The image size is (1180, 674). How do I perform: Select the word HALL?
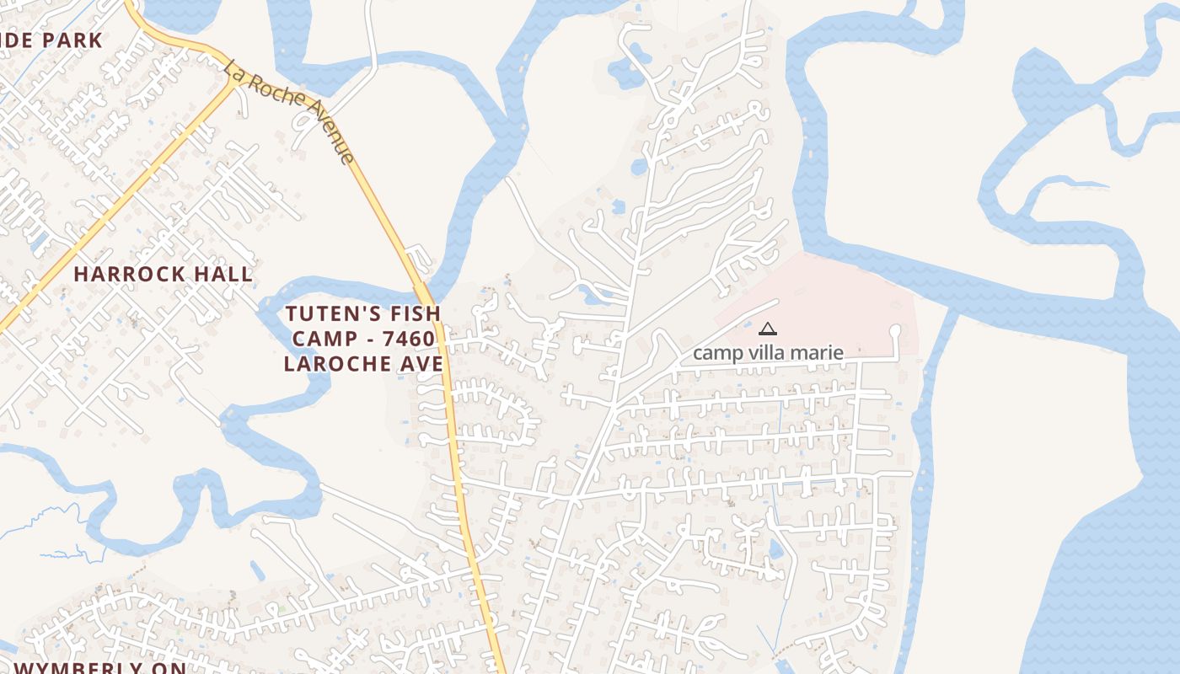click(223, 274)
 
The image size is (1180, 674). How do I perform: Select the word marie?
click(818, 353)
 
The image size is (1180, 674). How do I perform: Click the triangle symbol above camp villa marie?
click(767, 329)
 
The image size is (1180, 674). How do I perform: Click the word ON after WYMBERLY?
click(170, 667)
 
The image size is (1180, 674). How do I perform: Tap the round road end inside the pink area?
click(895, 331)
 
